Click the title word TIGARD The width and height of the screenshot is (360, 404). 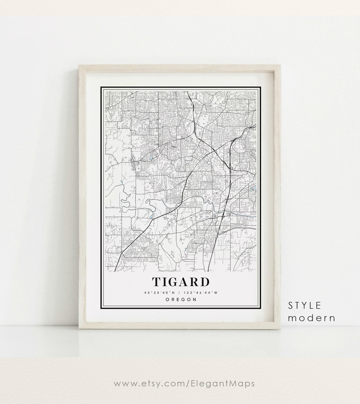[x=181, y=282]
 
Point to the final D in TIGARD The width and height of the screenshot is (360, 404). [x=205, y=282]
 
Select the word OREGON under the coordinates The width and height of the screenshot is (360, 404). [x=181, y=300]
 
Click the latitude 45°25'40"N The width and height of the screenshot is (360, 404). [x=159, y=293]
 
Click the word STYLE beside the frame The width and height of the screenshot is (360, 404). [x=304, y=305]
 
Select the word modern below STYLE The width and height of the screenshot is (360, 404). [x=311, y=318]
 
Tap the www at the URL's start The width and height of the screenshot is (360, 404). [x=123, y=383]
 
